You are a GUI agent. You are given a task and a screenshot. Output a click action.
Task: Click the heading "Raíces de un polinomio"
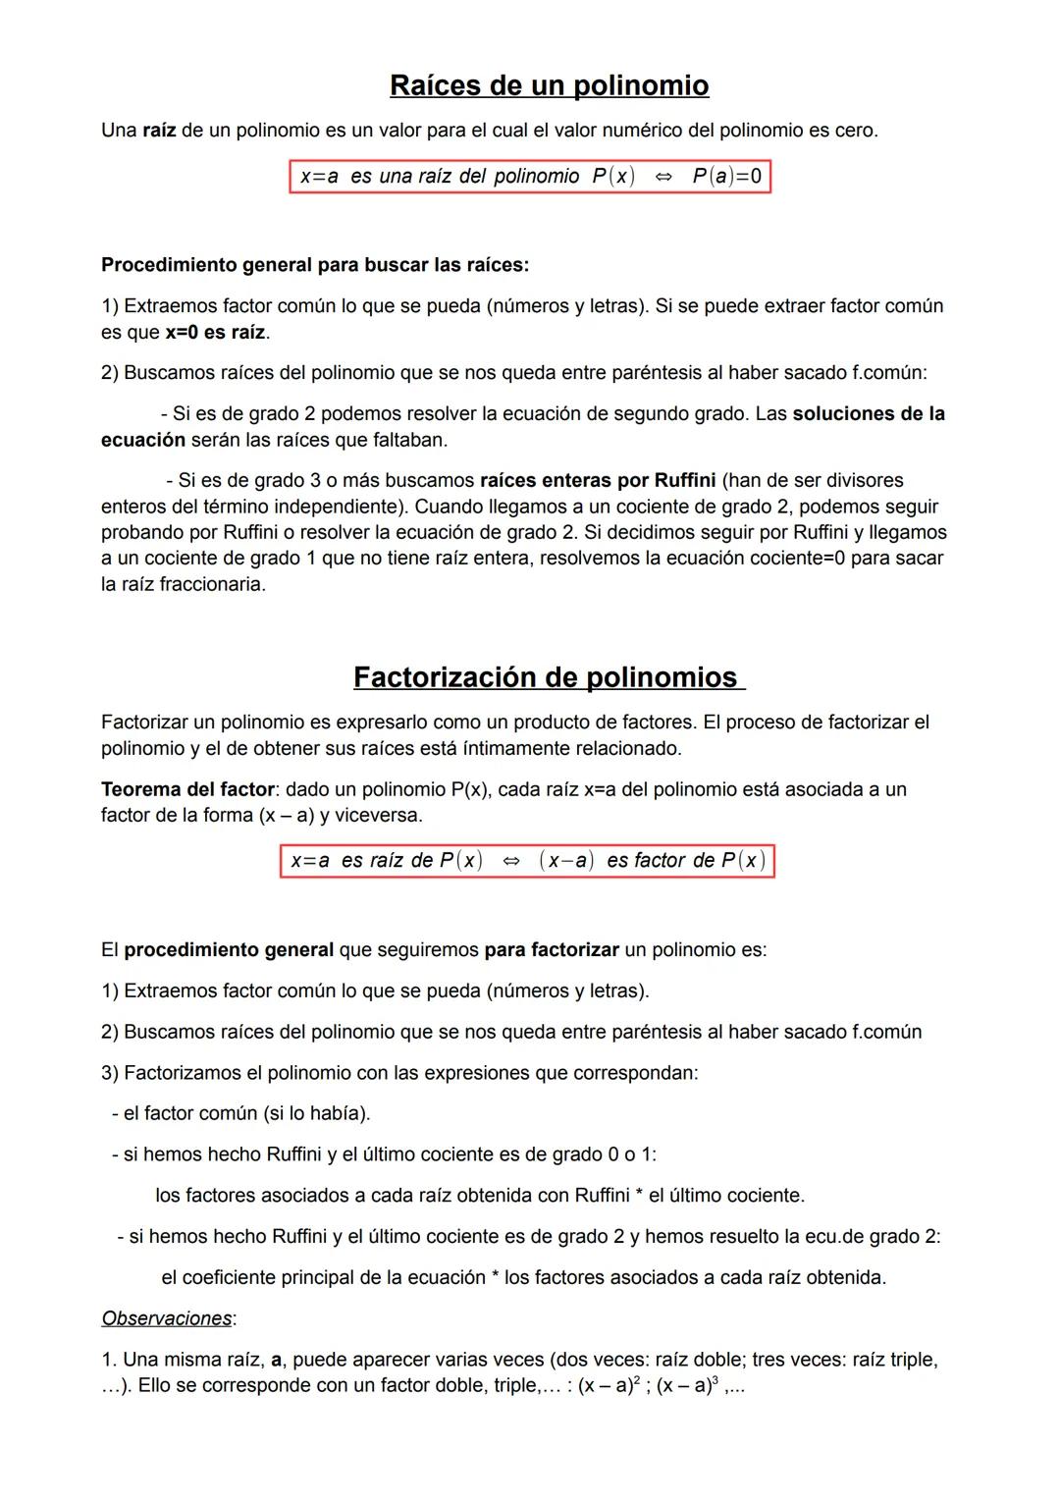[549, 85]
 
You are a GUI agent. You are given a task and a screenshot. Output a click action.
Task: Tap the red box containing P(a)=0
[530, 177]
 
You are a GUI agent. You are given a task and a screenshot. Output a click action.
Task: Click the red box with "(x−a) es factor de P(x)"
[527, 861]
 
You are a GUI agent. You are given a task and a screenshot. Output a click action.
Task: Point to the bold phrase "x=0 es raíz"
[215, 333]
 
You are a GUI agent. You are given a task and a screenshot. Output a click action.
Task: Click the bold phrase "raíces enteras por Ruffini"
[597, 481]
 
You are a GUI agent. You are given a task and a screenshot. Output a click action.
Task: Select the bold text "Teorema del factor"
[187, 789]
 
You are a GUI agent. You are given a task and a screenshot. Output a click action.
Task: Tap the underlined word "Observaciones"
[167, 1318]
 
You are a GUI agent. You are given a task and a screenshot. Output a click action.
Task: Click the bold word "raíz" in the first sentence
[159, 131]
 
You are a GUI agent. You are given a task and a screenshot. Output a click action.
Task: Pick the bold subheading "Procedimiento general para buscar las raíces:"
[315, 265]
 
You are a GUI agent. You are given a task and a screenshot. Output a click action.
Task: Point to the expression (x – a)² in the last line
[609, 1385]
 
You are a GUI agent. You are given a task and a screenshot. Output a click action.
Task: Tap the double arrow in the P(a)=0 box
[663, 177]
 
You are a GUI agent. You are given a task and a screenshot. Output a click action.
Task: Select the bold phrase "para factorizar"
[552, 950]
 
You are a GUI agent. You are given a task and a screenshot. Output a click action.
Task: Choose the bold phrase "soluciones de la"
[869, 414]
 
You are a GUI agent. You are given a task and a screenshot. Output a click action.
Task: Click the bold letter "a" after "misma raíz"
[276, 1361]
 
